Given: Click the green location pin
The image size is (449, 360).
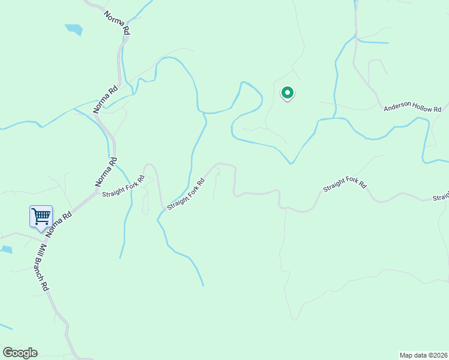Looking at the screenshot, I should (288, 93).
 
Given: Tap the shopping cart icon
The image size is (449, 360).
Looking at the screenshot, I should (41, 217).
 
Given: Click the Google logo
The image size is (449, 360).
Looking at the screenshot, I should (20, 353).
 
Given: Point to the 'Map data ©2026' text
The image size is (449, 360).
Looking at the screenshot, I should (423, 355).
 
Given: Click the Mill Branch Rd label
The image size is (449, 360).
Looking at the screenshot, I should (42, 268).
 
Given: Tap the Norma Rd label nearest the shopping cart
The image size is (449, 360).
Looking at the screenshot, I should (59, 223).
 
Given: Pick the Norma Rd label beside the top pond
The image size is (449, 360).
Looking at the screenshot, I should (116, 22).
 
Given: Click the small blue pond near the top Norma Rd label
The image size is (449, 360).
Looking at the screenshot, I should (74, 29).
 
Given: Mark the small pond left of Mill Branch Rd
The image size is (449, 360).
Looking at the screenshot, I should (5, 249).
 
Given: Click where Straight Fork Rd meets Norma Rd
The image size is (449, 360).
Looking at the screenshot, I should (98, 191).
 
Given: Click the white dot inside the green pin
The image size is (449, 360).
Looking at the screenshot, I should (288, 92).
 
